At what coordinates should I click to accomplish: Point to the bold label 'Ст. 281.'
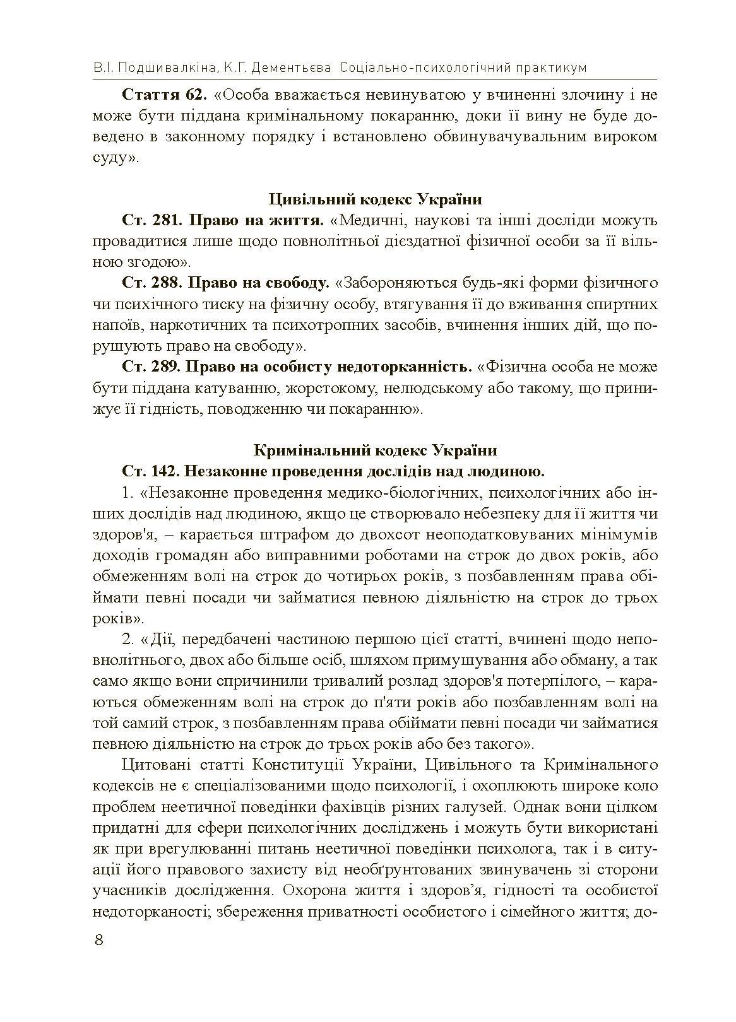(151, 220)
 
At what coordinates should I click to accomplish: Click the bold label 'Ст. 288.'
(151, 283)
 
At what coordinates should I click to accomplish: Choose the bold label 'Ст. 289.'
(151, 367)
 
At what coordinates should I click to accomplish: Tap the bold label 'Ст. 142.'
(151, 471)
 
